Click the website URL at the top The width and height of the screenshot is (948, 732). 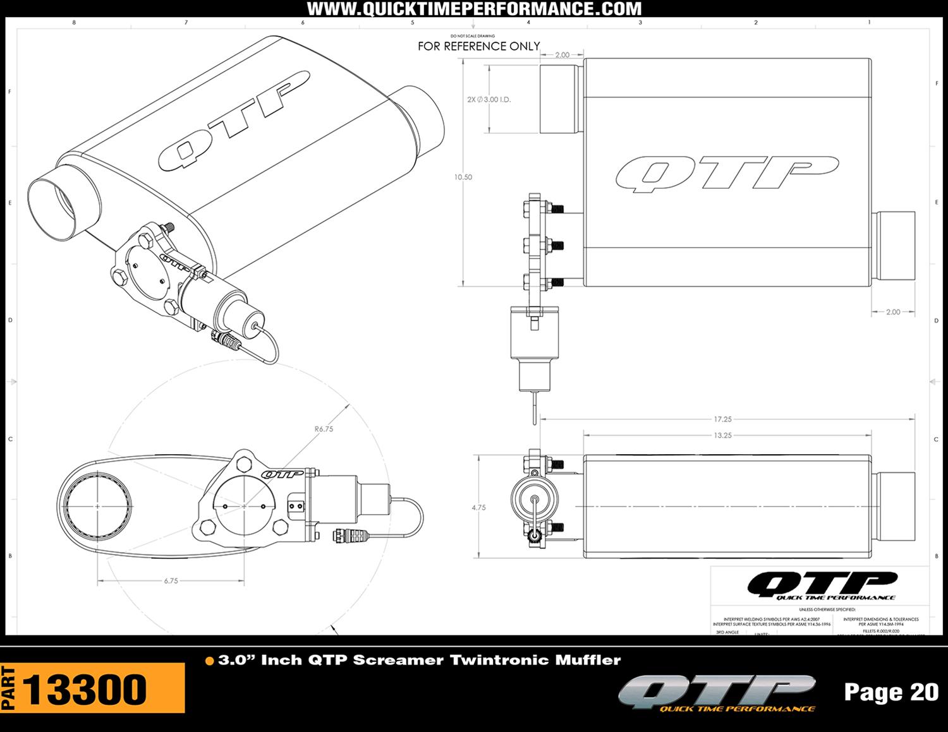point(474,9)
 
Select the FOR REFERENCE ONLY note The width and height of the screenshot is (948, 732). point(478,46)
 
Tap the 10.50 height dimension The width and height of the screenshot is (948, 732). point(463,177)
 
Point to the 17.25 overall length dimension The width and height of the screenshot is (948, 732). point(722,419)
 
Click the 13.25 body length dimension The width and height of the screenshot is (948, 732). point(722,435)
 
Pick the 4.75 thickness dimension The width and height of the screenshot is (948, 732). point(478,507)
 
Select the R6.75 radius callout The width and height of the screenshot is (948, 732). point(324,429)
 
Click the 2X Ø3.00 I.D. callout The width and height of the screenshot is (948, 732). point(489,100)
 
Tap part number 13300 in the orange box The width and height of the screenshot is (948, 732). point(85,689)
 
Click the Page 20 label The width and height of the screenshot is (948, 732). point(891,692)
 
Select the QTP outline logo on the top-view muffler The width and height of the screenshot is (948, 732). point(727,173)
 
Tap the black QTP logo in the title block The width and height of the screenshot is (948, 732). point(822,585)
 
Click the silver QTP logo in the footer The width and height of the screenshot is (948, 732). point(717,693)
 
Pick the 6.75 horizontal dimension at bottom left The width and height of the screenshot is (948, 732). point(171,580)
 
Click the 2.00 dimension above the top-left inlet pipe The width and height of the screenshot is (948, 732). point(562,55)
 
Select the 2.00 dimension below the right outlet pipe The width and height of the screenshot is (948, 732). point(893,312)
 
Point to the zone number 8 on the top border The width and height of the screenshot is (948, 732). point(74,23)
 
